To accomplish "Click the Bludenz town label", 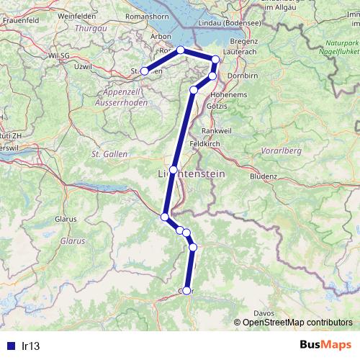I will click(x=264, y=176).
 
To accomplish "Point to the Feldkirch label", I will click(x=203, y=144).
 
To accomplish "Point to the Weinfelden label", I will click(x=76, y=15).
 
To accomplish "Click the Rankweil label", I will click(x=215, y=130).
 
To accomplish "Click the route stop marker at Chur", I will click(x=186, y=290).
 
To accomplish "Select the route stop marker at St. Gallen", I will click(x=144, y=71).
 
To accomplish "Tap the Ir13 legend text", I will click(x=30, y=346).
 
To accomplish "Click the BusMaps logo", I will click(x=325, y=345).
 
